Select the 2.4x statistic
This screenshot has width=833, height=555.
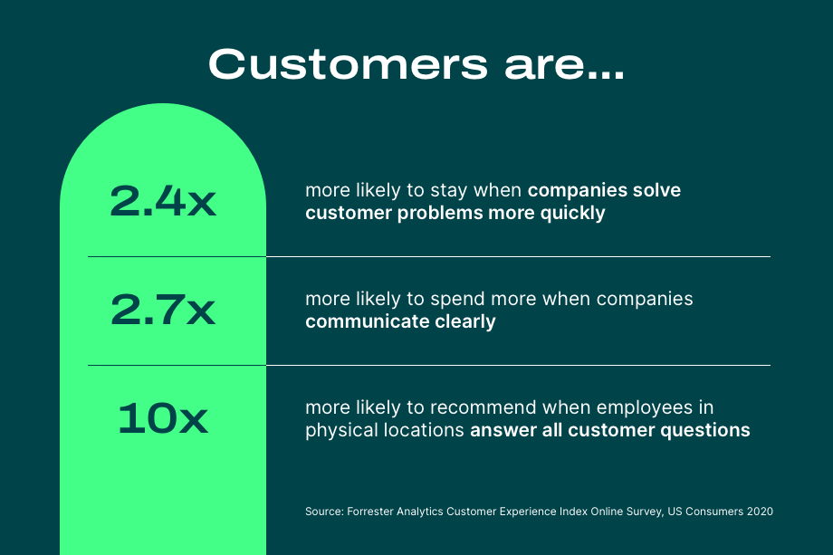163,202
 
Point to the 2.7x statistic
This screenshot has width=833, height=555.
163,311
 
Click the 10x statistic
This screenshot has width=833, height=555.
163,419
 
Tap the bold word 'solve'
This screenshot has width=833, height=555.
656,191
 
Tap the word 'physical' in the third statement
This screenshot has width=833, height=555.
339,430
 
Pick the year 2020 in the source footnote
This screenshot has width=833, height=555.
759,512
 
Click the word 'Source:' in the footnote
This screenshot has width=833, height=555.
323,512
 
